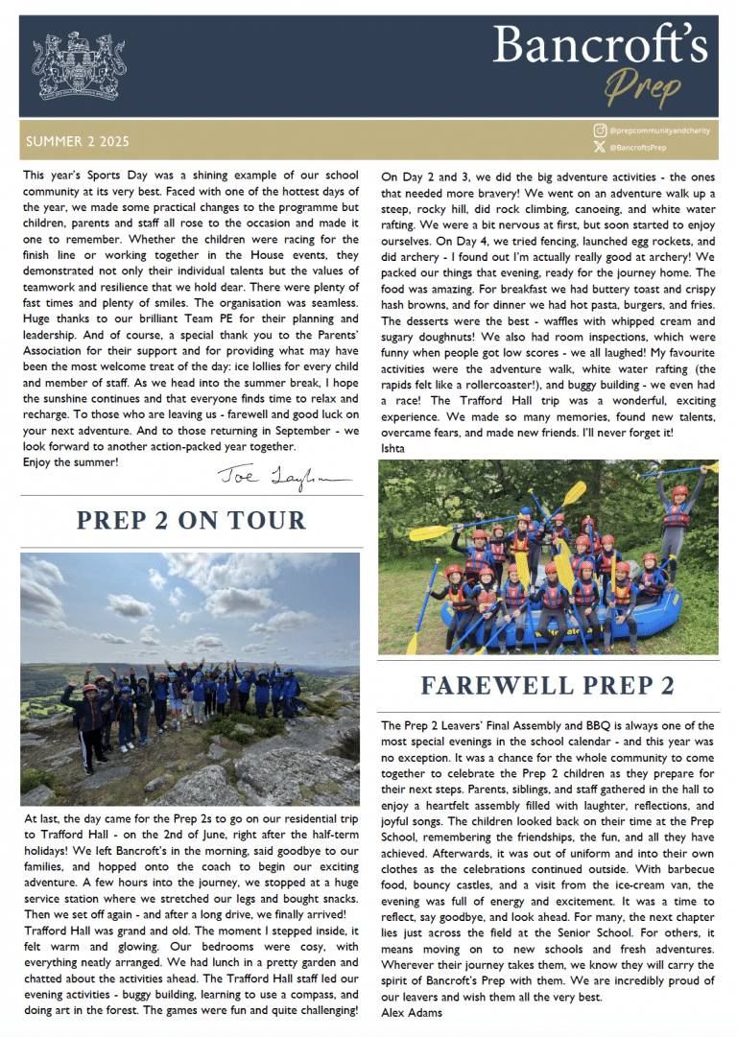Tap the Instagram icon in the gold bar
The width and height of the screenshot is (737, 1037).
(x=600, y=130)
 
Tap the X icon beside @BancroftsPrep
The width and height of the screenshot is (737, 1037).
(x=600, y=148)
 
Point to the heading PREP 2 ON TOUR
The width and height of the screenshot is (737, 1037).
(x=190, y=520)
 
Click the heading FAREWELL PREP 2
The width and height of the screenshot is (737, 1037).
(x=548, y=685)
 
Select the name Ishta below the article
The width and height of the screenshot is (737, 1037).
(x=392, y=447)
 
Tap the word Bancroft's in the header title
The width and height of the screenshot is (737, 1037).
(x=602, y=45)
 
